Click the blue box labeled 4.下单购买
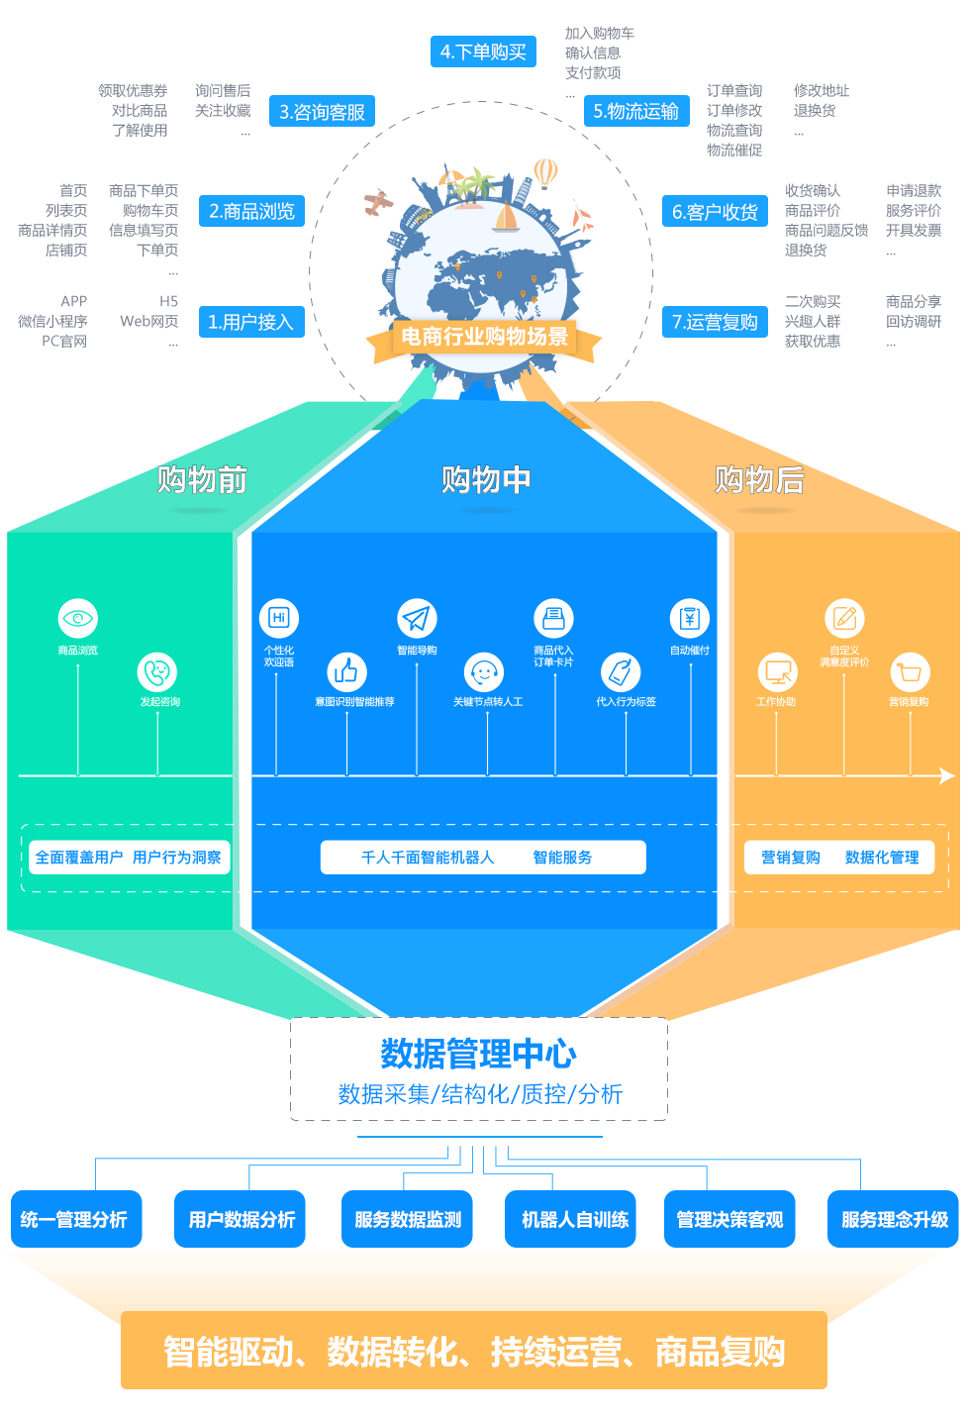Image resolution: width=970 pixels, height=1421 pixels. point(483,51)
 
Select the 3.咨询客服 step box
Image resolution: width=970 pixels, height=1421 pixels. point(322,112)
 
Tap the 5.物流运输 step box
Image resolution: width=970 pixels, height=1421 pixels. point(635,111)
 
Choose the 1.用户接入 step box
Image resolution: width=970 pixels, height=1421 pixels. point(250,322)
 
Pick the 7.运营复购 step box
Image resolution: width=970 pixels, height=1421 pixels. point(715,322)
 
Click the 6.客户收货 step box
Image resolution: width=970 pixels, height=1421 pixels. point(715,212)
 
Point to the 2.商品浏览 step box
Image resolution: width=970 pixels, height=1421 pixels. point(251,211)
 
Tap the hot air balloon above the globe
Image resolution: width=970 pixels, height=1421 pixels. point(545,172)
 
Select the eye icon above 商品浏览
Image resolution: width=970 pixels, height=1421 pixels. point(78,619)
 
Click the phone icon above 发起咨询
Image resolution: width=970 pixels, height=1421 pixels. point(157,672)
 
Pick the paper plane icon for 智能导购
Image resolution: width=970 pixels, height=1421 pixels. point(417,619)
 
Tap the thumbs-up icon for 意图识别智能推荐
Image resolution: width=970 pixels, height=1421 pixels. point(346,672)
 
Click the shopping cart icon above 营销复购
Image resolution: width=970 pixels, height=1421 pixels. point(910,673)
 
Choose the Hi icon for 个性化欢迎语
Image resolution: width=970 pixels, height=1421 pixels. point(279,618)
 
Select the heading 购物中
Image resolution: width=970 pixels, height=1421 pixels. point(486,480)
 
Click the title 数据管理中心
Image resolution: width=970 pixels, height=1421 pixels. point(479,1054)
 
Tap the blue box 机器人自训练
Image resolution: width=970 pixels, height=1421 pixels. point(575,1220)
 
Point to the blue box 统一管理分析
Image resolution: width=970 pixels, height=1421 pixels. point(74,1220)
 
